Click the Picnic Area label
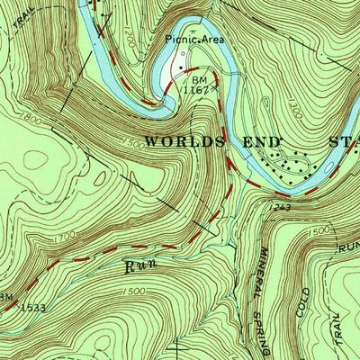click(193, 39)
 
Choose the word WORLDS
click(193, 141)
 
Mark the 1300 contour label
click(294, 112)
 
